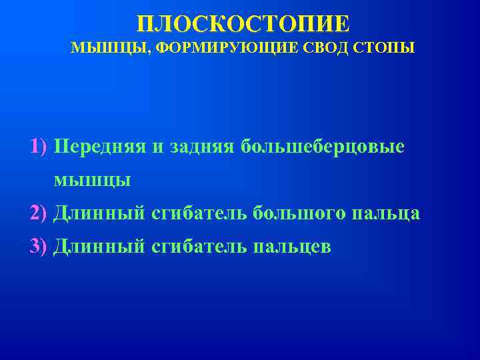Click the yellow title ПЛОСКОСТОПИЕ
pyautogui.click(x=243, y=25)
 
